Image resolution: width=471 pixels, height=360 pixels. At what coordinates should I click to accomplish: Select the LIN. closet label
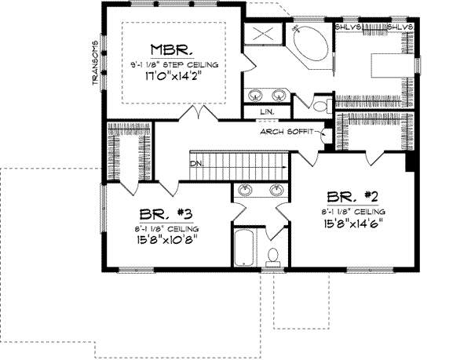click(267, 112)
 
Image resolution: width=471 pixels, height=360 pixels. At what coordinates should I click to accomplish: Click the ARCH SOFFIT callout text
click(289, 133)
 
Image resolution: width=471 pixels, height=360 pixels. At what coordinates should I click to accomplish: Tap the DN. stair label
click(196, 164)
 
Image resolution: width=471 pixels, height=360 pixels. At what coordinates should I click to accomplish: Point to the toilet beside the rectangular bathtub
click(274, 256)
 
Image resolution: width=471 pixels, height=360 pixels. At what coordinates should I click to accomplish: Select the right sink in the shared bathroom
click(276, 190)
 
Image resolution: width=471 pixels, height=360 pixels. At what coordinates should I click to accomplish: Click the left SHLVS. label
click(347, 27)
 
